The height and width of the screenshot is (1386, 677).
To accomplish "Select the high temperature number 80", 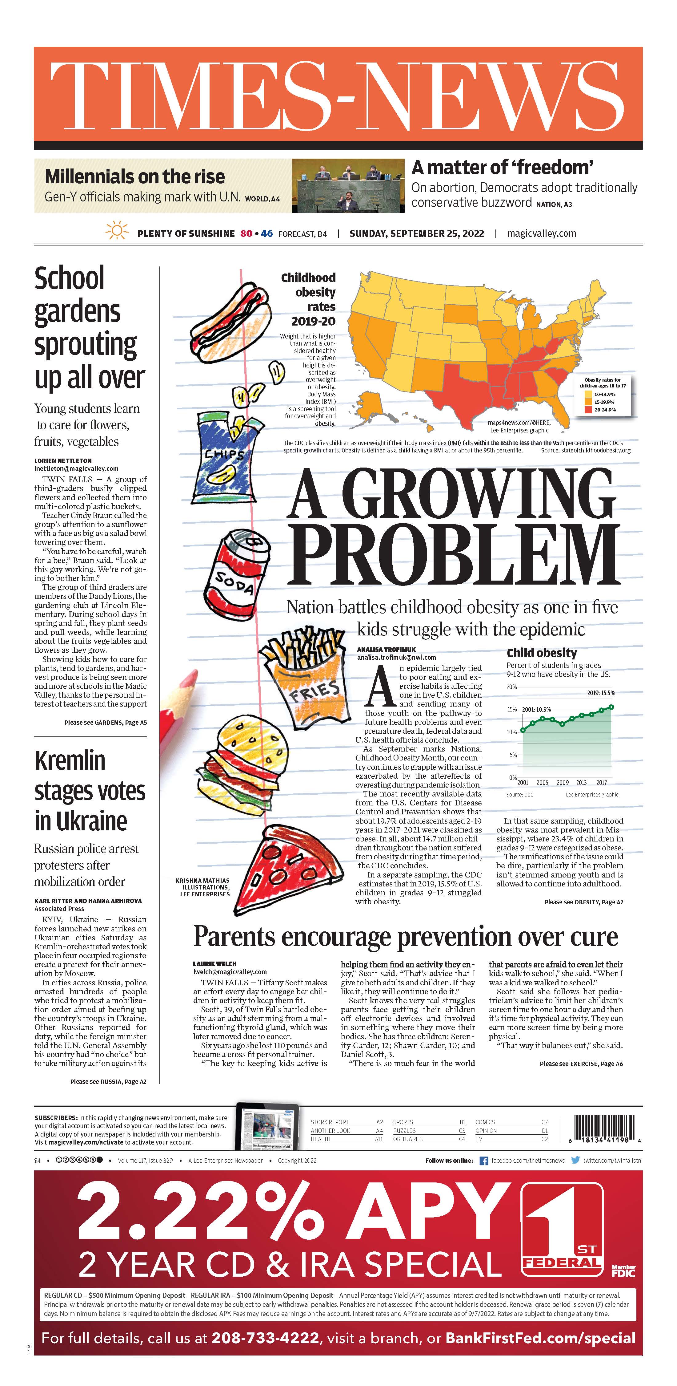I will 246,233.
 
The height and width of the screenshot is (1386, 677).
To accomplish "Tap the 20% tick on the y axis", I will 511,687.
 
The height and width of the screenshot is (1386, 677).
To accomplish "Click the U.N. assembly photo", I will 348,186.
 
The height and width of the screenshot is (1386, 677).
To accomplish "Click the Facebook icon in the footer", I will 483,1161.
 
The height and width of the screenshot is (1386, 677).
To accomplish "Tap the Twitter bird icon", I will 575,1161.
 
